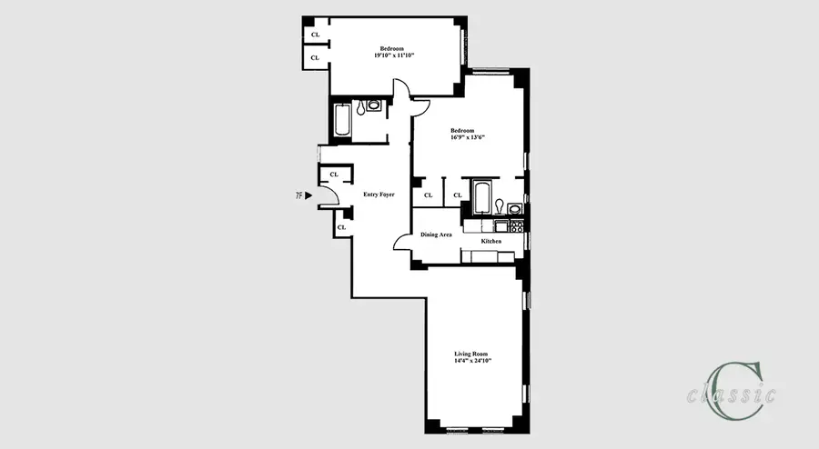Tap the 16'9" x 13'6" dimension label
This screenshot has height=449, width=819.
pos(470,137)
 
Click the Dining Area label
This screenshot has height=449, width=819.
pos(436,234)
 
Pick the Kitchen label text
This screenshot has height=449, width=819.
pos(492,242)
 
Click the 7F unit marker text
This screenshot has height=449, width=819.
pos(298,195)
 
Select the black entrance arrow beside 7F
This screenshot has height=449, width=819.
pos(309,195)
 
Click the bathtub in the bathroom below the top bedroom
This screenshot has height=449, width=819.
pos(343,122)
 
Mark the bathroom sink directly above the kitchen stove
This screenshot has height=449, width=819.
pos(516,208)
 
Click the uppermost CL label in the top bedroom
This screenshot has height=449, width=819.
pos(316,35)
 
